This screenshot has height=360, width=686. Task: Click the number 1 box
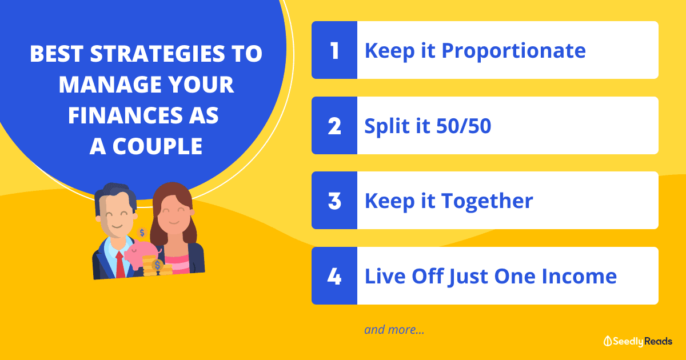click(334, 50)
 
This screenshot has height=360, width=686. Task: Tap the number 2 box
click(334, 126)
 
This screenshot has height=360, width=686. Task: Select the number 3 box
click(334, 200)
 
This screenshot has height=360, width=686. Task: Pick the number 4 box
click(334, 275)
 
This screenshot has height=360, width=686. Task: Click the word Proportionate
click(513, 51)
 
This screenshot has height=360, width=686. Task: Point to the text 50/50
click(464, 126)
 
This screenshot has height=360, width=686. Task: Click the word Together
click(487, 201)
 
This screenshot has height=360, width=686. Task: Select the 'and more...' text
click(394, 330)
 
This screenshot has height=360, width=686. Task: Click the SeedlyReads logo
click(637, 341)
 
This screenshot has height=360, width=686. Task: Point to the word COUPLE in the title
click(157, 146)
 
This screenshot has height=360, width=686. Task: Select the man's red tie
click(121, 265)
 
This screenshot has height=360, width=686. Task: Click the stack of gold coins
click(157, 266)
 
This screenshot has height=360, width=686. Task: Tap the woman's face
click(174, 215)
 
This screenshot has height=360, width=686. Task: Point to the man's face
click(116, 216)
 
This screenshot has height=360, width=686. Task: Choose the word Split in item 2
click(387, 127)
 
